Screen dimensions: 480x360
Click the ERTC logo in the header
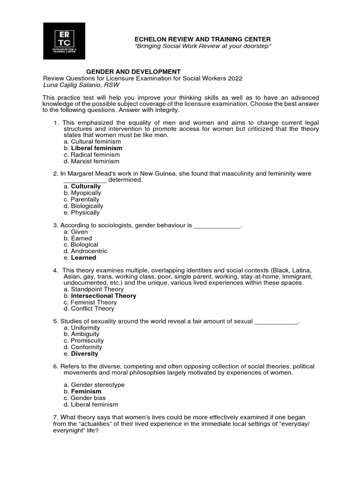[64, 41]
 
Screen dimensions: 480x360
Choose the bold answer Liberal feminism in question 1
[96, 148]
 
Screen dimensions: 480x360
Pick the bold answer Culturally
[85, 187]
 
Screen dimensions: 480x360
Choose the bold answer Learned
[83, 258]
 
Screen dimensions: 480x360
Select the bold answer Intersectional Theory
[103, 296]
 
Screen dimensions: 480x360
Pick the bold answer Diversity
[84, 354]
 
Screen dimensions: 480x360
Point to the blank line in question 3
[217, 226]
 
